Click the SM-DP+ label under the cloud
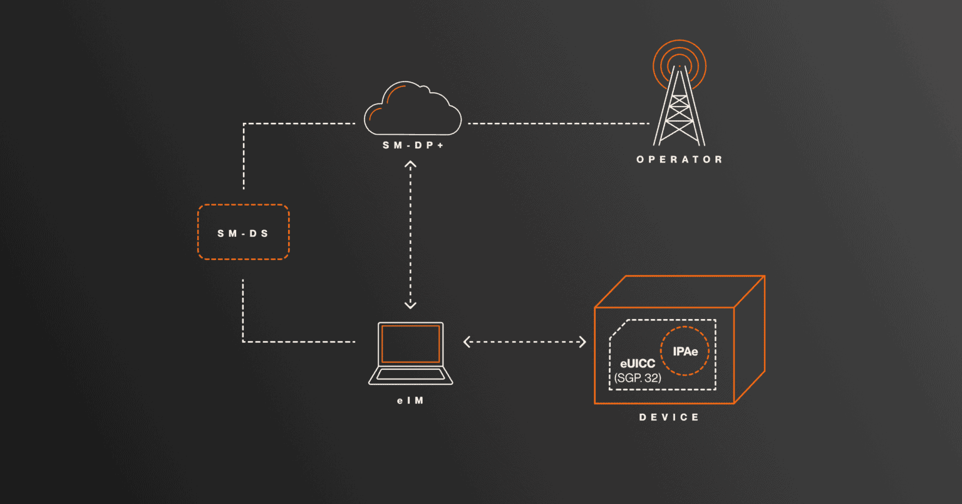413,145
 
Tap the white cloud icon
413,110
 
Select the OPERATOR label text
680,160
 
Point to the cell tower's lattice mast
680,113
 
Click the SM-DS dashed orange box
244,233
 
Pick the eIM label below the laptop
410,401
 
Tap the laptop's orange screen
410,344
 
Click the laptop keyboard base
410,375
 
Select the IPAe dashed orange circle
685,352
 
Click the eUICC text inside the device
638,364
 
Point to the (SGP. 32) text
638,378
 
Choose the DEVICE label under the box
669,417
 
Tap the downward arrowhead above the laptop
410,305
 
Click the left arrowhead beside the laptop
467,342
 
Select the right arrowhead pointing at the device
582,342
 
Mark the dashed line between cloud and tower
557,123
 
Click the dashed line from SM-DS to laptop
243,313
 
